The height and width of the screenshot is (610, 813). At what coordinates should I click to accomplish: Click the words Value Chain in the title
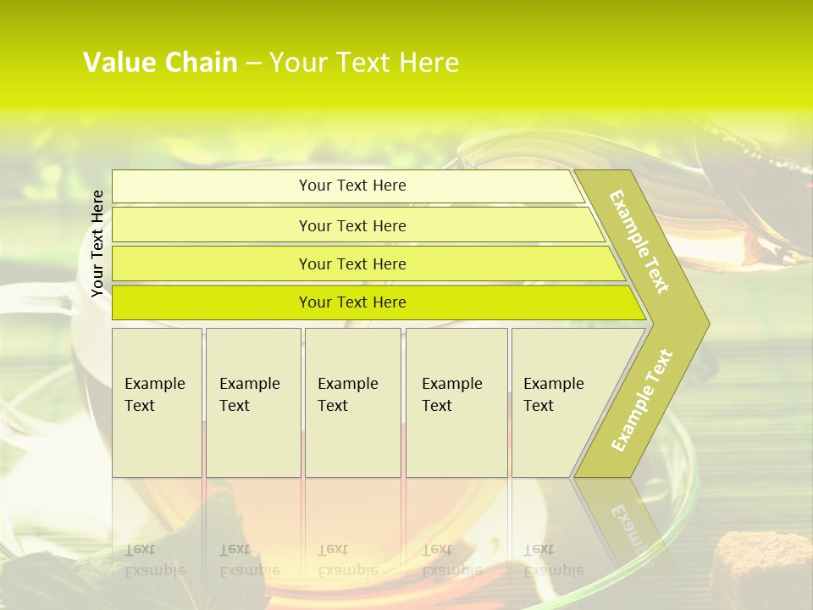pyautogui.click(x=160, y=63)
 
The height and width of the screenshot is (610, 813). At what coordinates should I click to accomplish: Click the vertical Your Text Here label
pyautogui.click(x=97, y=243)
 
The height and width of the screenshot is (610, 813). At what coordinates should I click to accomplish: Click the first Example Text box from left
pyautogui.click(x=157, y=402)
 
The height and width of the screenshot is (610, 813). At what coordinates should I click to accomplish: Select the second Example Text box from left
pyautogui.click(x=252, y=402)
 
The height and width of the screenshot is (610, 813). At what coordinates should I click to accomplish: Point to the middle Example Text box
pyautogui.click(x=352, y=402)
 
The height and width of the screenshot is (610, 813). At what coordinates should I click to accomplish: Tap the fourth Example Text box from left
pyautogui.click(x=456, y=402)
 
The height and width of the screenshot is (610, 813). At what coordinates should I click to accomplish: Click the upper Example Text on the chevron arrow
pyautogui.click(x=639, y=241)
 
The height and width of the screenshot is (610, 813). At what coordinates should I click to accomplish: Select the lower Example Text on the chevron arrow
pyautogui.click(x=641, y=400)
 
